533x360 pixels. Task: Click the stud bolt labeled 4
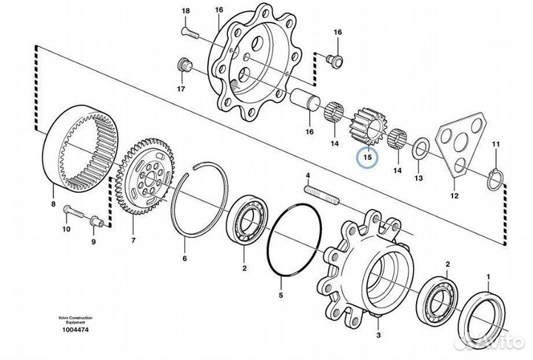[321, 193]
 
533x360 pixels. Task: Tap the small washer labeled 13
[418, 147]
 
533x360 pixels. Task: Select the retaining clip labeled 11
[498, 175]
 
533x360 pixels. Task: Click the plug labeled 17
[180, 67]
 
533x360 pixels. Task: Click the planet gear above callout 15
[369, 126]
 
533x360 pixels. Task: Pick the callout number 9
[94, 241]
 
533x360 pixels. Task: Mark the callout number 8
[53, 203]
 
